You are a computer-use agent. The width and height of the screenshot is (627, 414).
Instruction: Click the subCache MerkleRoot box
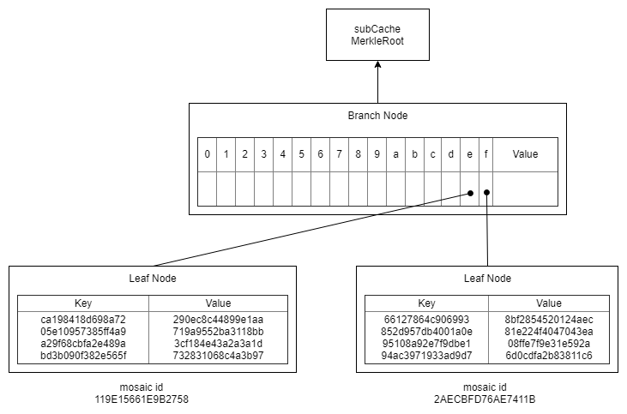click(377, 35)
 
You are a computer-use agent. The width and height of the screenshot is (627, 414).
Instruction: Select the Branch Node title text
click(377, 116)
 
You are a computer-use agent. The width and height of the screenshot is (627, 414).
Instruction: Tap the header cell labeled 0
click(207, 154)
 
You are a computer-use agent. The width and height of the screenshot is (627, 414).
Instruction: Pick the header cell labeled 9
click(377, 154)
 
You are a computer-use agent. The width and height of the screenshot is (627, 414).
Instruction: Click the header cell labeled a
click(395, 154)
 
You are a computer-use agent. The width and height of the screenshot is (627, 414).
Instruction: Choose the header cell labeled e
click(469, 154)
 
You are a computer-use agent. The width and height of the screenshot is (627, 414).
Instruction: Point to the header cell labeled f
click(486, 154)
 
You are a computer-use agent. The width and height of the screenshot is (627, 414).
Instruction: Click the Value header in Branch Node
click(525, 154)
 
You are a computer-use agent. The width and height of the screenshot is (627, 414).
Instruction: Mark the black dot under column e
click(470, 193)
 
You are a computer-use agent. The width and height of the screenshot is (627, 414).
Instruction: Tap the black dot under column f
click(486, 192)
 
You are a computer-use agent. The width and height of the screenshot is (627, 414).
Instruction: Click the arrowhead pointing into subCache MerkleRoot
click(377, 67)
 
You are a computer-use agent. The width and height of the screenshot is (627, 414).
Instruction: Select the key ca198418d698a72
click(83, 319)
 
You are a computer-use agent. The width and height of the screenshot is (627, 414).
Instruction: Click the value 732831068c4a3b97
click(218, 355)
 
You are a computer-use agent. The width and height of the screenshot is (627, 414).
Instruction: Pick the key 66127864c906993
click(426, 319)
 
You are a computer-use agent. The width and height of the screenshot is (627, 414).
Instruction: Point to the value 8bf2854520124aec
click(549, 319)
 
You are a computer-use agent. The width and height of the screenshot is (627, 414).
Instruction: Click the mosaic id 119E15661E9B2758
click(142, 399)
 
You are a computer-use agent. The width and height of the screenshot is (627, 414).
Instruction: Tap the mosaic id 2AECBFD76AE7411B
click(488, 399)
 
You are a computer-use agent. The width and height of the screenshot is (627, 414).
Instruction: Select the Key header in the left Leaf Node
click(83, 303)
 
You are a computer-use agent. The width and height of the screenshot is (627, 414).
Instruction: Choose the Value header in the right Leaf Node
click(549, 303)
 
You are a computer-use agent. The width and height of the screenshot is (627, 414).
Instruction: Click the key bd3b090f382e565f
click(83, 355)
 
